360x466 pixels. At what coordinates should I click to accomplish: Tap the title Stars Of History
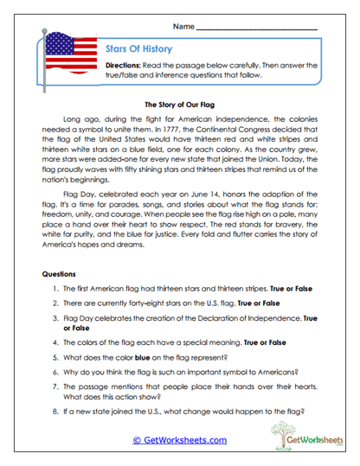pos(138,48)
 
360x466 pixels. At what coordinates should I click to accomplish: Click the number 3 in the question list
pos(55,318)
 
